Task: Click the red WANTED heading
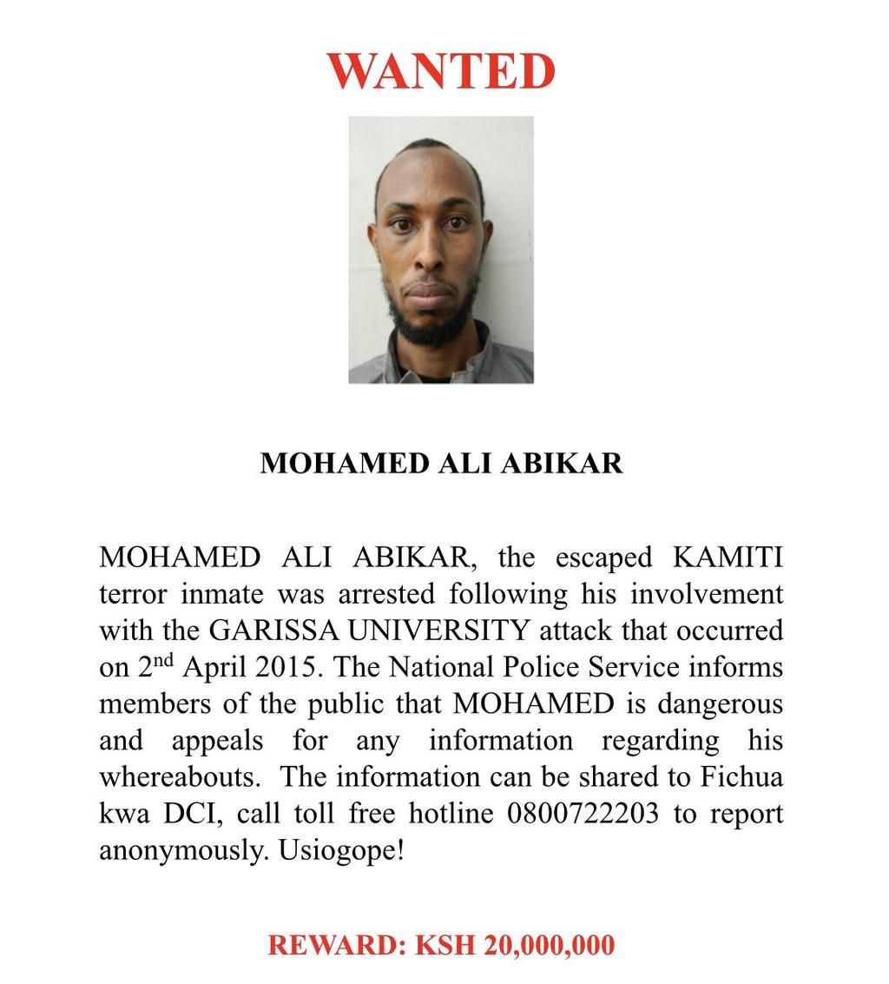pos(441,71)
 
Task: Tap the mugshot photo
pos(441,250)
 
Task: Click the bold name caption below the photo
pos(441,463)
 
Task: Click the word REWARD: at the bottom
pos(336,945)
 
